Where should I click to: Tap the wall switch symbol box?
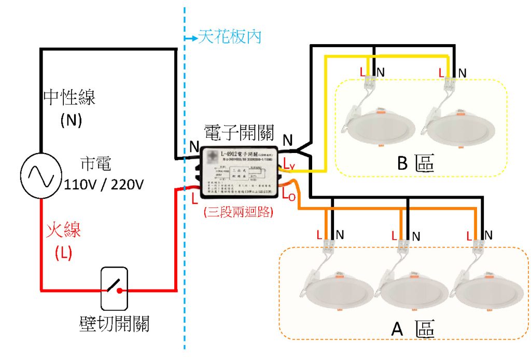(114, 288)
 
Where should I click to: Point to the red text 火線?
(64, 229)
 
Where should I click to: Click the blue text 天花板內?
(230, 37)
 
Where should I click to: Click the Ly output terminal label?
(288, 165)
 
